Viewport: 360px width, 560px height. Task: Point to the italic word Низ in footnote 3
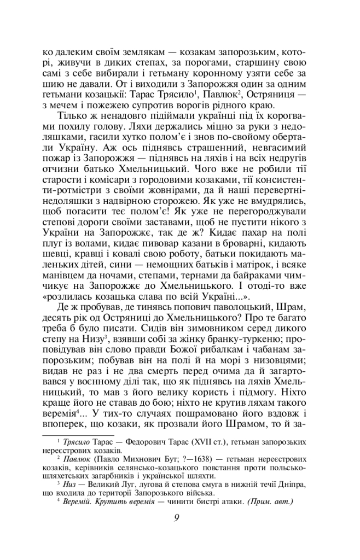70,485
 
